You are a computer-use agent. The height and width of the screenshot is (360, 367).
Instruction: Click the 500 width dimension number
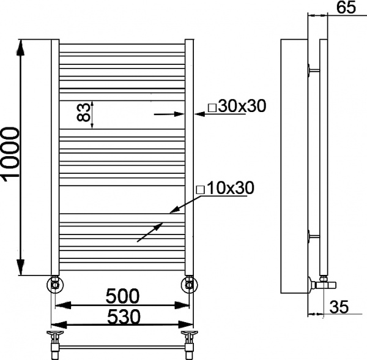[x=122, y=296]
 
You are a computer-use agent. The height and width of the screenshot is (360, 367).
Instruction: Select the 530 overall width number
[x=122, y=317]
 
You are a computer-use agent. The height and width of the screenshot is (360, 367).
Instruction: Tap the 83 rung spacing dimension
[x=84, y=113]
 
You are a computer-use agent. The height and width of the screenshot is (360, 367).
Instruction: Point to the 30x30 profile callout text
[x=240, y=107]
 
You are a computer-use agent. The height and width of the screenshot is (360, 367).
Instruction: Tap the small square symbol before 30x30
[x=212, y=108]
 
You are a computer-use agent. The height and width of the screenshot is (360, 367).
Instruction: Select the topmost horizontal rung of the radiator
[x=121, y=46]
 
